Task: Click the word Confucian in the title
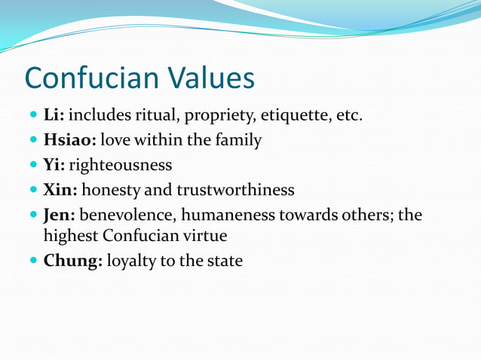point(92,78)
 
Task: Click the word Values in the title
point(211,78)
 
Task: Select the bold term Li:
point(54,116)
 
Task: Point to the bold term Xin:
point(60,189)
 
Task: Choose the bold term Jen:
point(60,215)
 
